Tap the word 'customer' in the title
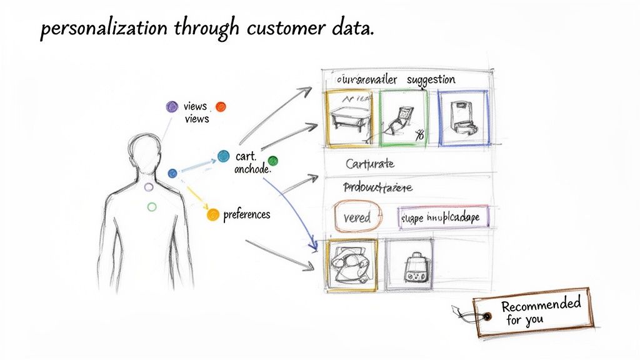pos(279,30)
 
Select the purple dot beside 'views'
pos(171,107)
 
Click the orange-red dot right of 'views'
pos(221,107)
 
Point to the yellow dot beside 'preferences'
pos(212,214)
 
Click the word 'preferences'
pos(246,214)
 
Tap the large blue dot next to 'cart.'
pos(223,155)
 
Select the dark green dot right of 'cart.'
pos(272,161)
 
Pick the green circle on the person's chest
pos(151,206)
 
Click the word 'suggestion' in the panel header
pos(431,80)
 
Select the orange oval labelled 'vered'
pos(357,216)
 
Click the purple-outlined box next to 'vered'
pos(444,217)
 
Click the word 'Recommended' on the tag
pos(541,306)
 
